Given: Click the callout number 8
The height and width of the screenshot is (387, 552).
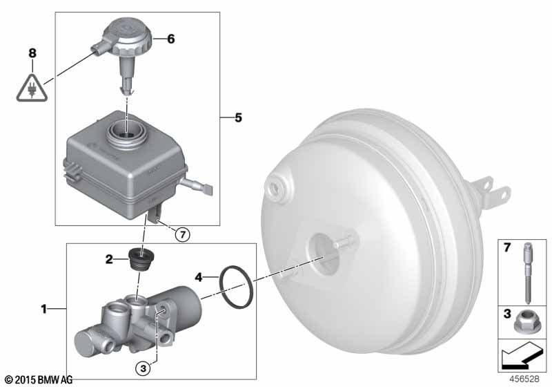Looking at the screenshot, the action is coord(32,53).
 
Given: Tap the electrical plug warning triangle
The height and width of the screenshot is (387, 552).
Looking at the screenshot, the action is coord(32,88).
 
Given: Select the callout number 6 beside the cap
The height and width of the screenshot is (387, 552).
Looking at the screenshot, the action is coord(170,39).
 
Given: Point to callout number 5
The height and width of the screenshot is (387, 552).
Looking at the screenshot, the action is coord(238,117).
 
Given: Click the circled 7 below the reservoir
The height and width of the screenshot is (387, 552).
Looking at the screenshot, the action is coord(182,234).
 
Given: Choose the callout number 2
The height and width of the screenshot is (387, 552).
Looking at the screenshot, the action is coord(109,259).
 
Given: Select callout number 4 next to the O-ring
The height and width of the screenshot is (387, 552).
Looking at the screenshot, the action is coord(199,277).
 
